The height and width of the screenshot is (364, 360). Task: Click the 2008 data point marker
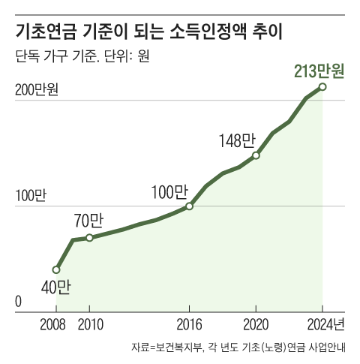[x=56, y=269]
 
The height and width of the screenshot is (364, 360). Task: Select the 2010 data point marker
[x=89, y=238]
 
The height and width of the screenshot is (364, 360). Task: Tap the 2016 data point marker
[x=189, y=206]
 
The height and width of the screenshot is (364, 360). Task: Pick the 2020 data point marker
[x=256, y=155]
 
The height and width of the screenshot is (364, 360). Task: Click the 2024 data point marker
[x=322, y=87]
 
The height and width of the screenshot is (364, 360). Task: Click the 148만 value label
[x=237, y=140]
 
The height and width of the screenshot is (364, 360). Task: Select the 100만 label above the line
[x=169, y=191]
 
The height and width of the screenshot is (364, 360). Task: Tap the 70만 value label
[x=88, y=221]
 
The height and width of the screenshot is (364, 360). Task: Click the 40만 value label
[x=55, y=287]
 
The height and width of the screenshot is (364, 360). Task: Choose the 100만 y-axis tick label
[x=30, y=196]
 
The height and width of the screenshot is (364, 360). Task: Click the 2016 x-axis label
[x=189, y=325]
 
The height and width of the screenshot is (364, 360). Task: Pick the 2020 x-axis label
[x=256, y=325]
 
